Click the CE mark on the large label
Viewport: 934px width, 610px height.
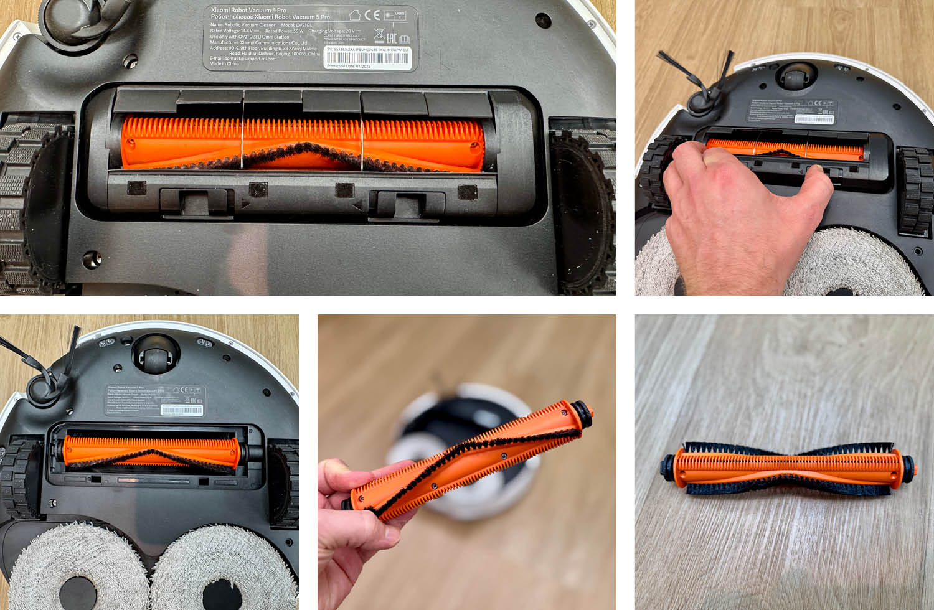coord(372,15)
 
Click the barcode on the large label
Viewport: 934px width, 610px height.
coord(368,59)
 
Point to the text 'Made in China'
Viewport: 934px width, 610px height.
coord(224,63)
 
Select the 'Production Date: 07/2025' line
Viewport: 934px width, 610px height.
coord(349,66)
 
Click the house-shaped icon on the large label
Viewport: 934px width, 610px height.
coord(355,15)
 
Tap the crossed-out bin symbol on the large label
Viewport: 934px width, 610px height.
coord(378,34)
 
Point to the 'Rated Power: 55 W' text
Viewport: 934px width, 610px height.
coord(284,30)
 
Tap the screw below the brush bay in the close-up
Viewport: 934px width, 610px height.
coord(92,256)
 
